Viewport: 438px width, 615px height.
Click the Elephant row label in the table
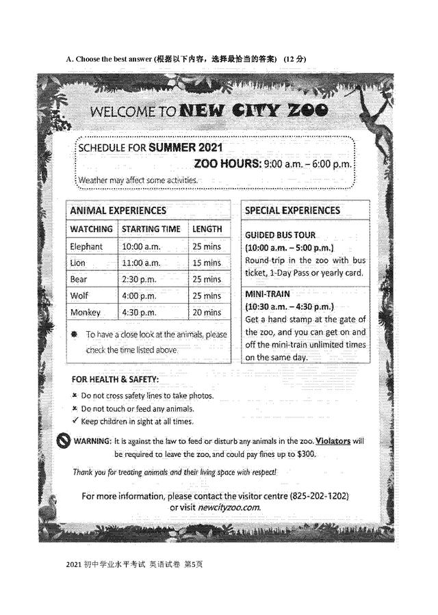click(x=86, y=246)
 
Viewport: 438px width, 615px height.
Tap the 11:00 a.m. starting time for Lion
click(x=141, y=263)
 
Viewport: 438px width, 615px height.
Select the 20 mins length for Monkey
click(x=207, y=313)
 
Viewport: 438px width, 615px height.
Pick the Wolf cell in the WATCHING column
click(x=79, y=296)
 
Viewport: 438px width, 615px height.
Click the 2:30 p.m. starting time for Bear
click(x=139, y=279)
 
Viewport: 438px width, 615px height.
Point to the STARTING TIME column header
click(x=151, y=229)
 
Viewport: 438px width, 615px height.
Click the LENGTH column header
click(x=207, y=229)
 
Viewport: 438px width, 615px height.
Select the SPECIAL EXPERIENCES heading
click(x=292, y=211)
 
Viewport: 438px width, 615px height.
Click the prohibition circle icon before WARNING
click(x=63, y=441)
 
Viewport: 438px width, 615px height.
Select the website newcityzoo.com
click(x=229, y=507)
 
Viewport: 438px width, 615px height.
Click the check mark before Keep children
click(x=74, y=421)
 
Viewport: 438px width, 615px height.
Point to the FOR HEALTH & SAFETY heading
click(x=115, y=379)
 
